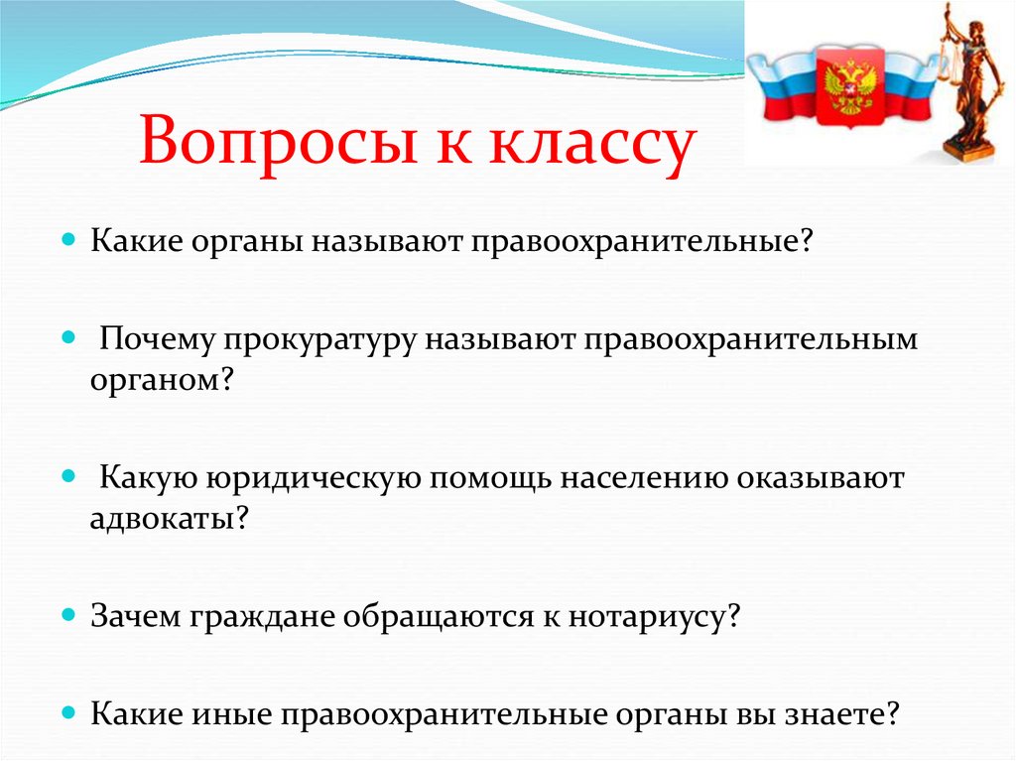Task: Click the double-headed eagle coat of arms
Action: coord(850,85)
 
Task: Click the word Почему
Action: coord(156,339)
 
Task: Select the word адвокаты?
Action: coord(169,518)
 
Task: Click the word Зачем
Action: coord(135,616)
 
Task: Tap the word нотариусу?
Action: coord(654,618)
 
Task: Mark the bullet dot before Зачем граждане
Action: coord(68,615)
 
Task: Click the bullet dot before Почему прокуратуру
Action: coord(68,337)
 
